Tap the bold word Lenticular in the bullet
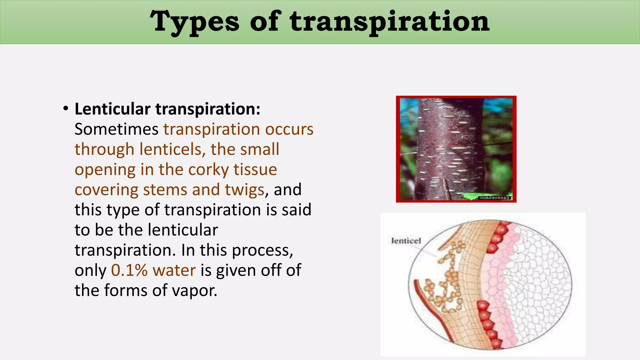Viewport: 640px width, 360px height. [112, 109]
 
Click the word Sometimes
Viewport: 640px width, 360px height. [116, 129]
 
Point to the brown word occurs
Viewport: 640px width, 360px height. [289, 129]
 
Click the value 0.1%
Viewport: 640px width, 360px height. [129, 270]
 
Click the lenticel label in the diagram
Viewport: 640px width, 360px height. [406, 241]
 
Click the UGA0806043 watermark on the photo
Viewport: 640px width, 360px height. [494, 198]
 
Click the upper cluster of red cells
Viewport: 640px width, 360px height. [497, 237]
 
